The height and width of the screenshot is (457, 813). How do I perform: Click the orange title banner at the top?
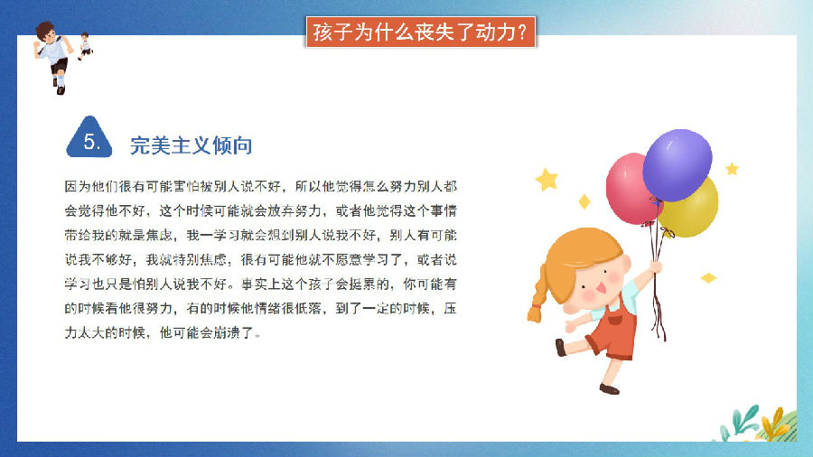pos(420,33)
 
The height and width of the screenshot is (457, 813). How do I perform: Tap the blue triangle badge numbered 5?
pos(89,137)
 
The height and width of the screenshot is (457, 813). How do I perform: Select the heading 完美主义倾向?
pos(191,145)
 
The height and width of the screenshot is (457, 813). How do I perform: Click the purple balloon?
pos(677,164)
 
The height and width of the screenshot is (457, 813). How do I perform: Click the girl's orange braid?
pos(537,294)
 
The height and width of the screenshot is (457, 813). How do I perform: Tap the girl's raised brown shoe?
pos(560,347)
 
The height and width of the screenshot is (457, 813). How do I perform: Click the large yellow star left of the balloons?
pos(547,180)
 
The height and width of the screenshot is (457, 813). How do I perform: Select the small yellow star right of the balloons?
pos(732,168)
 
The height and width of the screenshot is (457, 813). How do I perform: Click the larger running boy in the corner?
pos(53,57)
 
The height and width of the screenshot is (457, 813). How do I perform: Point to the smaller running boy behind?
pos(85,45)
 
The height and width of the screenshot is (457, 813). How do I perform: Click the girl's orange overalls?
pos(613,331)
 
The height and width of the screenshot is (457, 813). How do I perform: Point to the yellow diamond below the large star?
pos(584,201)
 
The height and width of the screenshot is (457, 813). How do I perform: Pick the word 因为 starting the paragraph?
pos(78,187)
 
